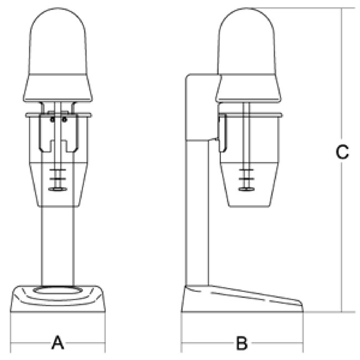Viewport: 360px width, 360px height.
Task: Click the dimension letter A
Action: [x=58, y=342]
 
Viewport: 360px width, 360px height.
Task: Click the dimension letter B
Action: [x=242, y=343]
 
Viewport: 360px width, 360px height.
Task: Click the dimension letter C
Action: [x=342, y=152]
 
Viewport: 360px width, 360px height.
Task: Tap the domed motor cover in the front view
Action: [x=58, y=41]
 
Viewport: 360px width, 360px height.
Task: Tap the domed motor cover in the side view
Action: [x=246, y=41]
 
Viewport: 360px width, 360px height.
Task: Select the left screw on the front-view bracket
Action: [x=53, y=120]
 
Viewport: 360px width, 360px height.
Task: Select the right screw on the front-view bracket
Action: [x=64, y=120]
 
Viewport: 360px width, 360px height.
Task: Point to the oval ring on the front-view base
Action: [x=58, y=290]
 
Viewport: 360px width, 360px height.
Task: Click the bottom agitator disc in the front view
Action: [x=58, y=189]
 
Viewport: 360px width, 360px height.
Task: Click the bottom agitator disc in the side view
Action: [x=246, y=189]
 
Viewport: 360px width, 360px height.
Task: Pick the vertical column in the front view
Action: [x=58, y=246]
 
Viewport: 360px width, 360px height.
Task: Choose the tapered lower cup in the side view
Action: [x=249, y=184]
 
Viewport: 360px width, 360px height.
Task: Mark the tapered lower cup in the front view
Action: [x=58, y=184]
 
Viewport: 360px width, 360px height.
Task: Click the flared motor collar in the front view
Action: [x=58, y=88]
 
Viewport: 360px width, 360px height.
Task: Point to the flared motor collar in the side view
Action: [x=248, y=88]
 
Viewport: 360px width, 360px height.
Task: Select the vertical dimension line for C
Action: [x=342, y=160]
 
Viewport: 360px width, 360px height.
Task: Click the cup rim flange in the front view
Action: [x=58, y=115]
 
